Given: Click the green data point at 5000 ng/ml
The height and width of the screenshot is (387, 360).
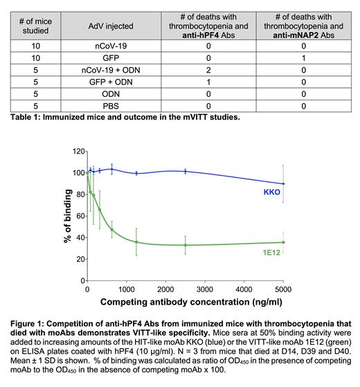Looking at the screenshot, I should point(283,242).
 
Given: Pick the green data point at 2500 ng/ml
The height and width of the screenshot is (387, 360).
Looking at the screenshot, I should point(185,245).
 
